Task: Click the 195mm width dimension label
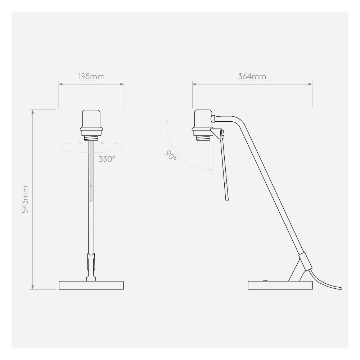pos(91,77)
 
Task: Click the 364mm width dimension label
pos(252,77)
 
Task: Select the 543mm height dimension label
pos(25,199)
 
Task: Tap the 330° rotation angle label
pos(107,159)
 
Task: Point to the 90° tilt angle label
pos(171,156)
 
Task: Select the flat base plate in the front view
pos(91,285)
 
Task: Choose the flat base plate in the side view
pos(280,285)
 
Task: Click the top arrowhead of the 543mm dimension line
pos(33,112)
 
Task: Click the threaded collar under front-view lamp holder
pos(91,137)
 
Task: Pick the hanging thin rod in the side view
pos(224,169)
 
